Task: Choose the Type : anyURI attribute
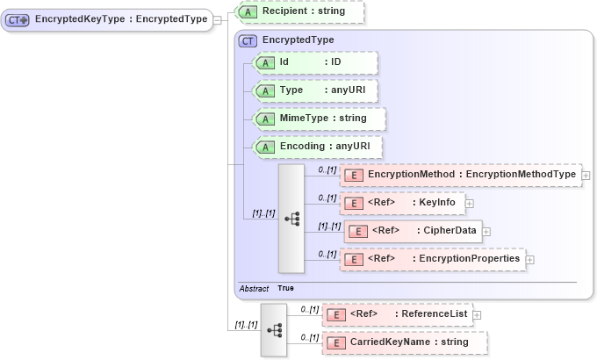[x=315, y=90]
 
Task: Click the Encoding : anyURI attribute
[x=317, y=147]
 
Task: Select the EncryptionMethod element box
[x=460, y=175]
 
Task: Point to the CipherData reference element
[x=413, y=231]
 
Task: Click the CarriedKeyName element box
[x=405, y=342]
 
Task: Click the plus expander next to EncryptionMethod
[x=586, y=176]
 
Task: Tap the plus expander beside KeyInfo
[x=470, y=204]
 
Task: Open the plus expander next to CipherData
[x=486, y=232]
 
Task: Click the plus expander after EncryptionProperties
[x=529, y=260]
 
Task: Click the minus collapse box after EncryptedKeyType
[x=218, y=19]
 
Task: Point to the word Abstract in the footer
[x=255, y=288]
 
